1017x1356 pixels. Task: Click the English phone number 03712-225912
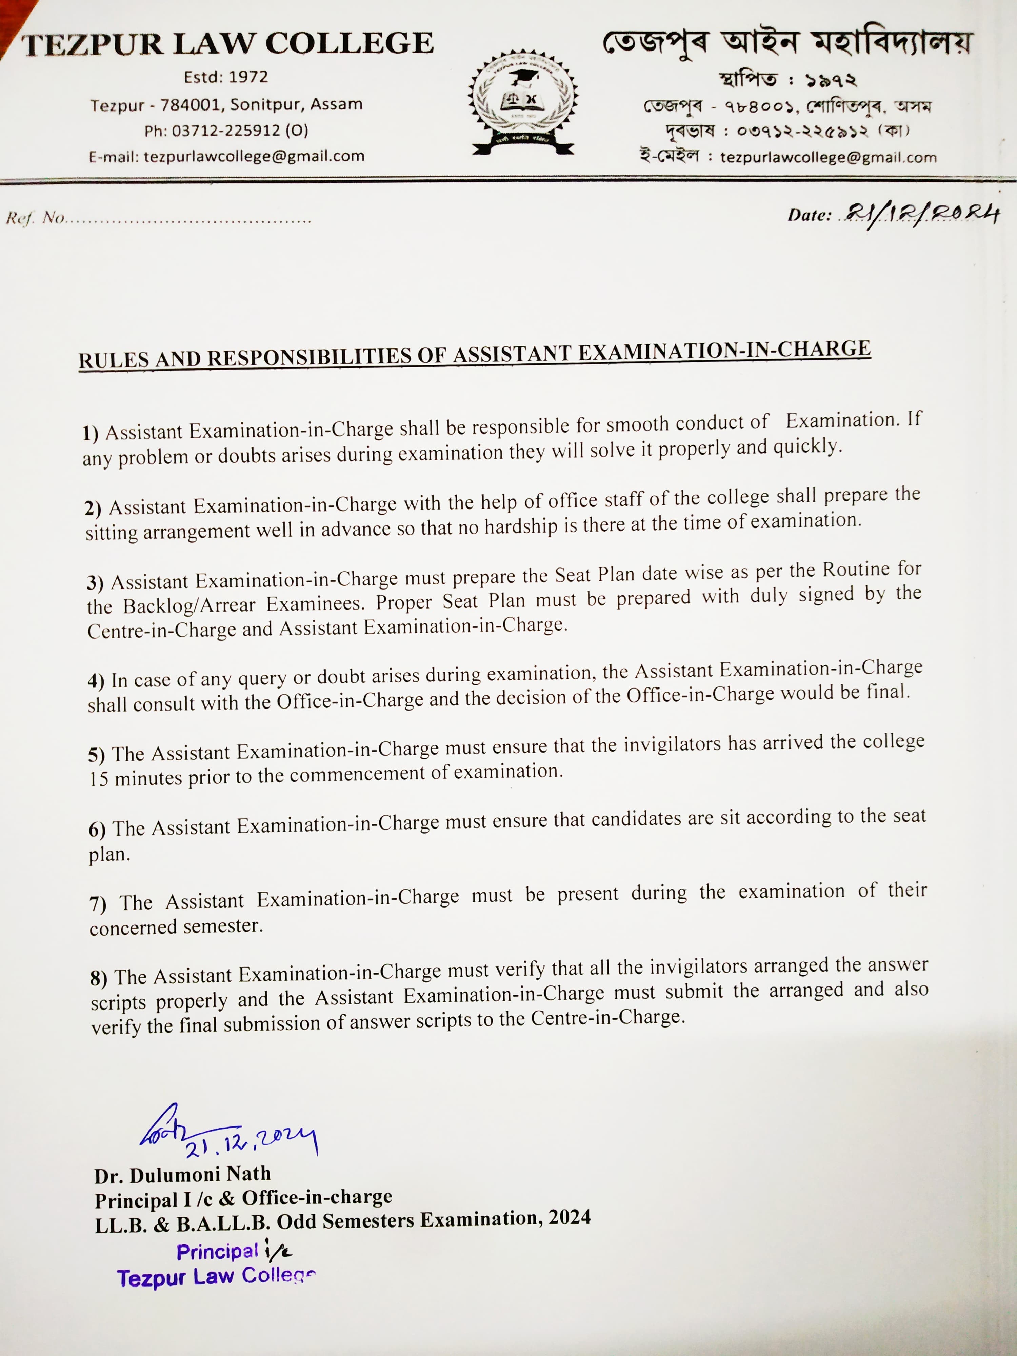coord(226,131)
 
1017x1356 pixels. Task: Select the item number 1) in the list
coord(91,433)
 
